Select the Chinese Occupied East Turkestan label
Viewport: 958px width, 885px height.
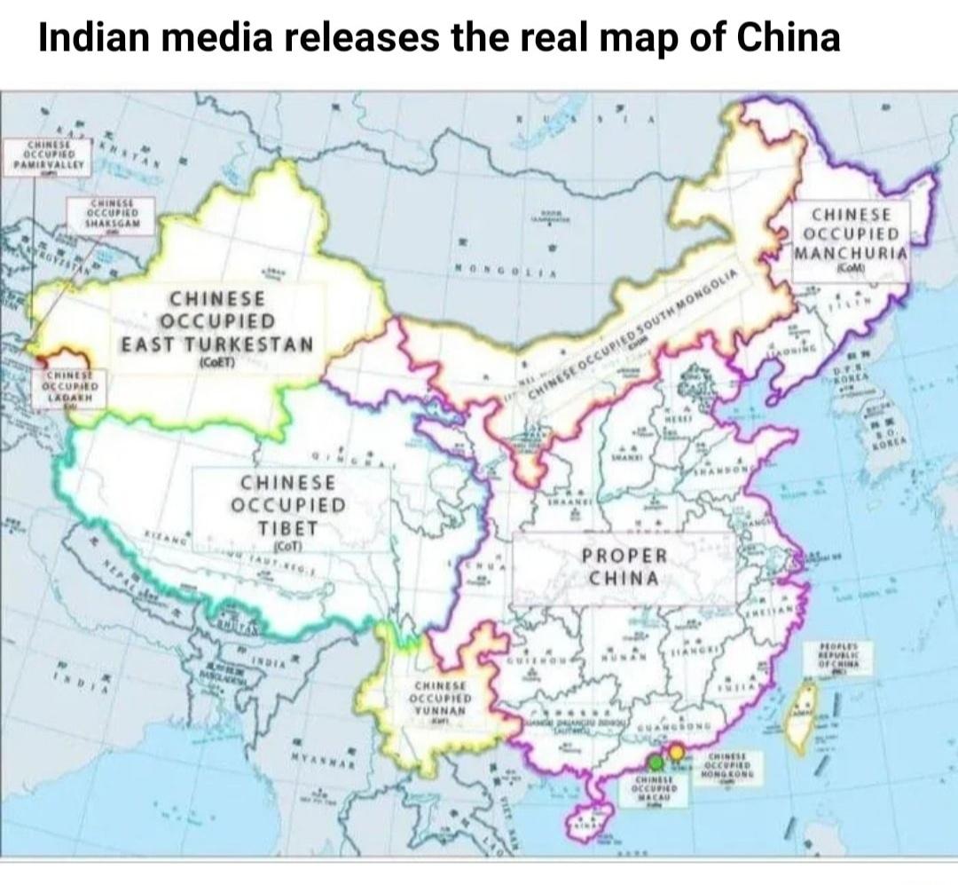click(217, 325)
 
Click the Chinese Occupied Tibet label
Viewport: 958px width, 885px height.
click(288, 507)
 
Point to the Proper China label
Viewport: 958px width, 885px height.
click(624, 566)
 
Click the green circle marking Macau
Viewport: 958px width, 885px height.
click(655, 762)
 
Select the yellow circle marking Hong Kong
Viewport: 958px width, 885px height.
click(677, 753)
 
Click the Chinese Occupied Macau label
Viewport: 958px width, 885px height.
click(655, 789)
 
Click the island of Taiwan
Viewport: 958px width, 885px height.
click(805, 711)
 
